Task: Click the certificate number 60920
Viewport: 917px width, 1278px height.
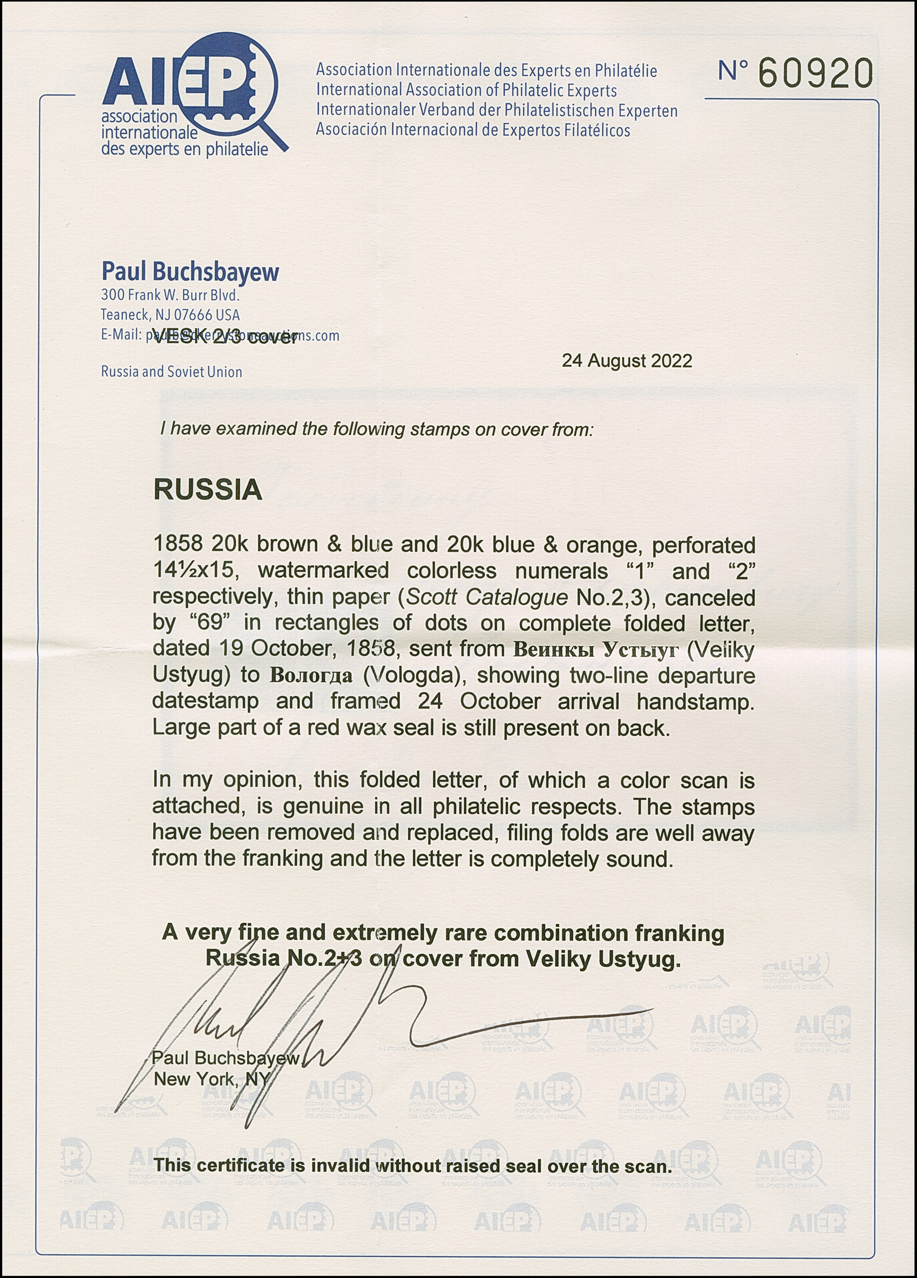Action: [815, 73]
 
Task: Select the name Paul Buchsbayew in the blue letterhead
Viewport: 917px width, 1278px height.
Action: [190, 272]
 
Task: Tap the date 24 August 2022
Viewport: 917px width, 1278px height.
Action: [627, 361]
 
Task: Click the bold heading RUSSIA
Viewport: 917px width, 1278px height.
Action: [208, 490]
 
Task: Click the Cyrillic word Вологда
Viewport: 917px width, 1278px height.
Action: [311, 675]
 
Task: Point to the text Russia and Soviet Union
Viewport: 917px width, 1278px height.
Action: [171, 372]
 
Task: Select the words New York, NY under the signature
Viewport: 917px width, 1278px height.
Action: [212, 1079]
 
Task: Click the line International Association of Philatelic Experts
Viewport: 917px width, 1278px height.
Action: [466, 90]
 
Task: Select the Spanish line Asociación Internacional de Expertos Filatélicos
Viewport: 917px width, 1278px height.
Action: [473, 130]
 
